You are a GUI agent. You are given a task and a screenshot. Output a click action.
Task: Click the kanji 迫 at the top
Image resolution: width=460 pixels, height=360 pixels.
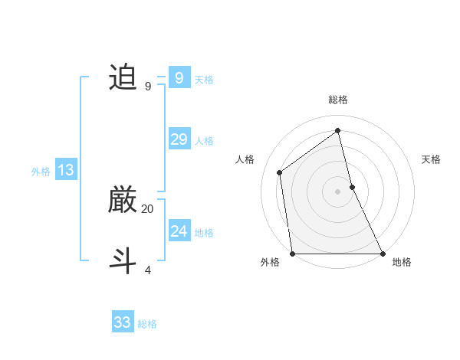(x=123, y=78)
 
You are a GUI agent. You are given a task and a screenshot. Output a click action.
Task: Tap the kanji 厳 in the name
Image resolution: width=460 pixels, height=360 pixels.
(x=123, y=201)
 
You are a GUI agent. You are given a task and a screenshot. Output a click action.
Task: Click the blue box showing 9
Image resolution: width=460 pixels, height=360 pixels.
(x=179, y=77)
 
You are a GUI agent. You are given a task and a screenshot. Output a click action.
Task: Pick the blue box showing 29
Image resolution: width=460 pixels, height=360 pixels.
(x=179, y=139)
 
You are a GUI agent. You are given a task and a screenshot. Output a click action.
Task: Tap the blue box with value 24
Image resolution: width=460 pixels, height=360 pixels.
(x=179, y=231)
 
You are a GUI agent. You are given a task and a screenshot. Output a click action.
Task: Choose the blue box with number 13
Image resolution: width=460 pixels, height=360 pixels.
(x=65, y=170)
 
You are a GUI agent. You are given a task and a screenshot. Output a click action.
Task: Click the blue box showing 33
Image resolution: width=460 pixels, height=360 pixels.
(x=122, y=322)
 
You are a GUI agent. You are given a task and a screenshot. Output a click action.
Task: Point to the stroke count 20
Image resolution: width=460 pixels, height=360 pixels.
(x=147, y=208)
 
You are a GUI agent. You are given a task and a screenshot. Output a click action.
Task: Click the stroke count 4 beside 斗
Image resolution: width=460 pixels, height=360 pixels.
(x=147, y=270)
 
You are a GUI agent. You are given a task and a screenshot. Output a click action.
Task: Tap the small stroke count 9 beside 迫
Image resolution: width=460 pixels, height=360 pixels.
(x=147, y=87)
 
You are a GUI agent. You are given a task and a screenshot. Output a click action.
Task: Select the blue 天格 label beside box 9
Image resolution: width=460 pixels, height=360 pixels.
(x=204, y=80)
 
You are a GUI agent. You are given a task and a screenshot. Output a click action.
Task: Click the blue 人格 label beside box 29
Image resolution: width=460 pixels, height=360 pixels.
(x=204, y=141)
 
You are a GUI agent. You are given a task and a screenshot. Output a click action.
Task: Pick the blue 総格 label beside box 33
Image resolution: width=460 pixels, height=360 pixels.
(x=147, y=325)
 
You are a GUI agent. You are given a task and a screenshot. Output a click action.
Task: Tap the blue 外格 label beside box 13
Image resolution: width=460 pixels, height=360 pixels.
(x=41, y=172)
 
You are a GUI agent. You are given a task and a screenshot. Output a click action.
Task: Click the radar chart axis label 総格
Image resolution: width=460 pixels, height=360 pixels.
(x=337, y=100)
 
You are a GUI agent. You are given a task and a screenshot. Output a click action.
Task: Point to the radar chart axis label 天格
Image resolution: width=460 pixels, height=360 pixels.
(x=432, y=159)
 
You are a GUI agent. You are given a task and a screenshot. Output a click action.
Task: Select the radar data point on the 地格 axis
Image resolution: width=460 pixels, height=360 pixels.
(x=382, y=254)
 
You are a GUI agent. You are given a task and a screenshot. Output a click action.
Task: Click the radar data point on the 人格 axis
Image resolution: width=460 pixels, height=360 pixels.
(x=280, y=172)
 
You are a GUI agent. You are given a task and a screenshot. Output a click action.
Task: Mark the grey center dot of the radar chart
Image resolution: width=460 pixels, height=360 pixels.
(x=337, y=191)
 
